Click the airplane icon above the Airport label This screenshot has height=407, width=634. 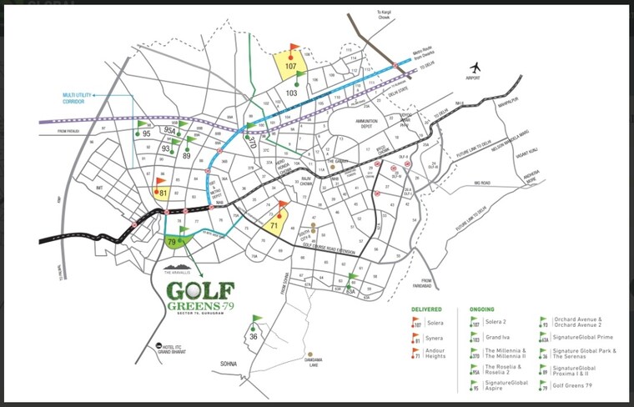click(476, 67)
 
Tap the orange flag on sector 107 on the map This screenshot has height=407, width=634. click(293, 51)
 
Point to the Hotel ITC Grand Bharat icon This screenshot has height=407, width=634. click(158, 345)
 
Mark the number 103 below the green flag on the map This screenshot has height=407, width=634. click(292, 93)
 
